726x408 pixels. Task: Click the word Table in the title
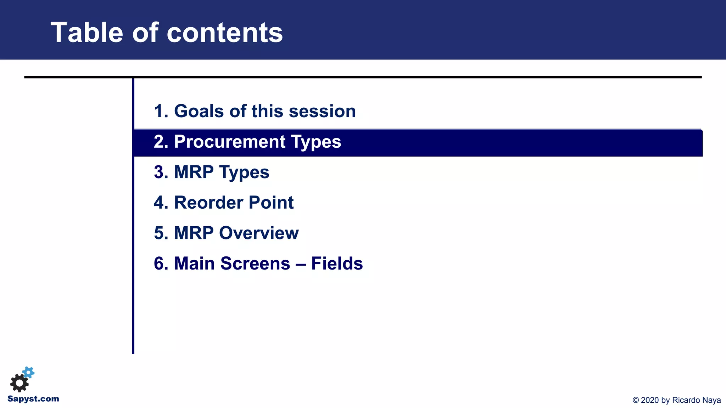[x=87, y=33]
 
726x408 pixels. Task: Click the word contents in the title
[x=225, y=33]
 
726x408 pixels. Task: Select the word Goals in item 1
[x=199, y=111]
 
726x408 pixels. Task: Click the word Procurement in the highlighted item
[x=230, y=142]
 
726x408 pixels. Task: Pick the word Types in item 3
[x=244, y=172]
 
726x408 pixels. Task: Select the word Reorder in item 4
[x=208, y=203]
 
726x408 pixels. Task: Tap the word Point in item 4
[x=271, y=203]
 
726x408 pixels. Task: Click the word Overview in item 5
[x=259, y=233]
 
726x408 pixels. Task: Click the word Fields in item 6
[x=337, y=263]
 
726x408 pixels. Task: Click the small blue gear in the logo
[x=29, y=372]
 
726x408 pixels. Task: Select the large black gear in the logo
[x=19, y=383]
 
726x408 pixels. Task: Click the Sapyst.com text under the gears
[x=33, y=399]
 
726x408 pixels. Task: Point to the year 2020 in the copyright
[x=650, y=400]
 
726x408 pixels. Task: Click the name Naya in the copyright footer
[x=712, y=400]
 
